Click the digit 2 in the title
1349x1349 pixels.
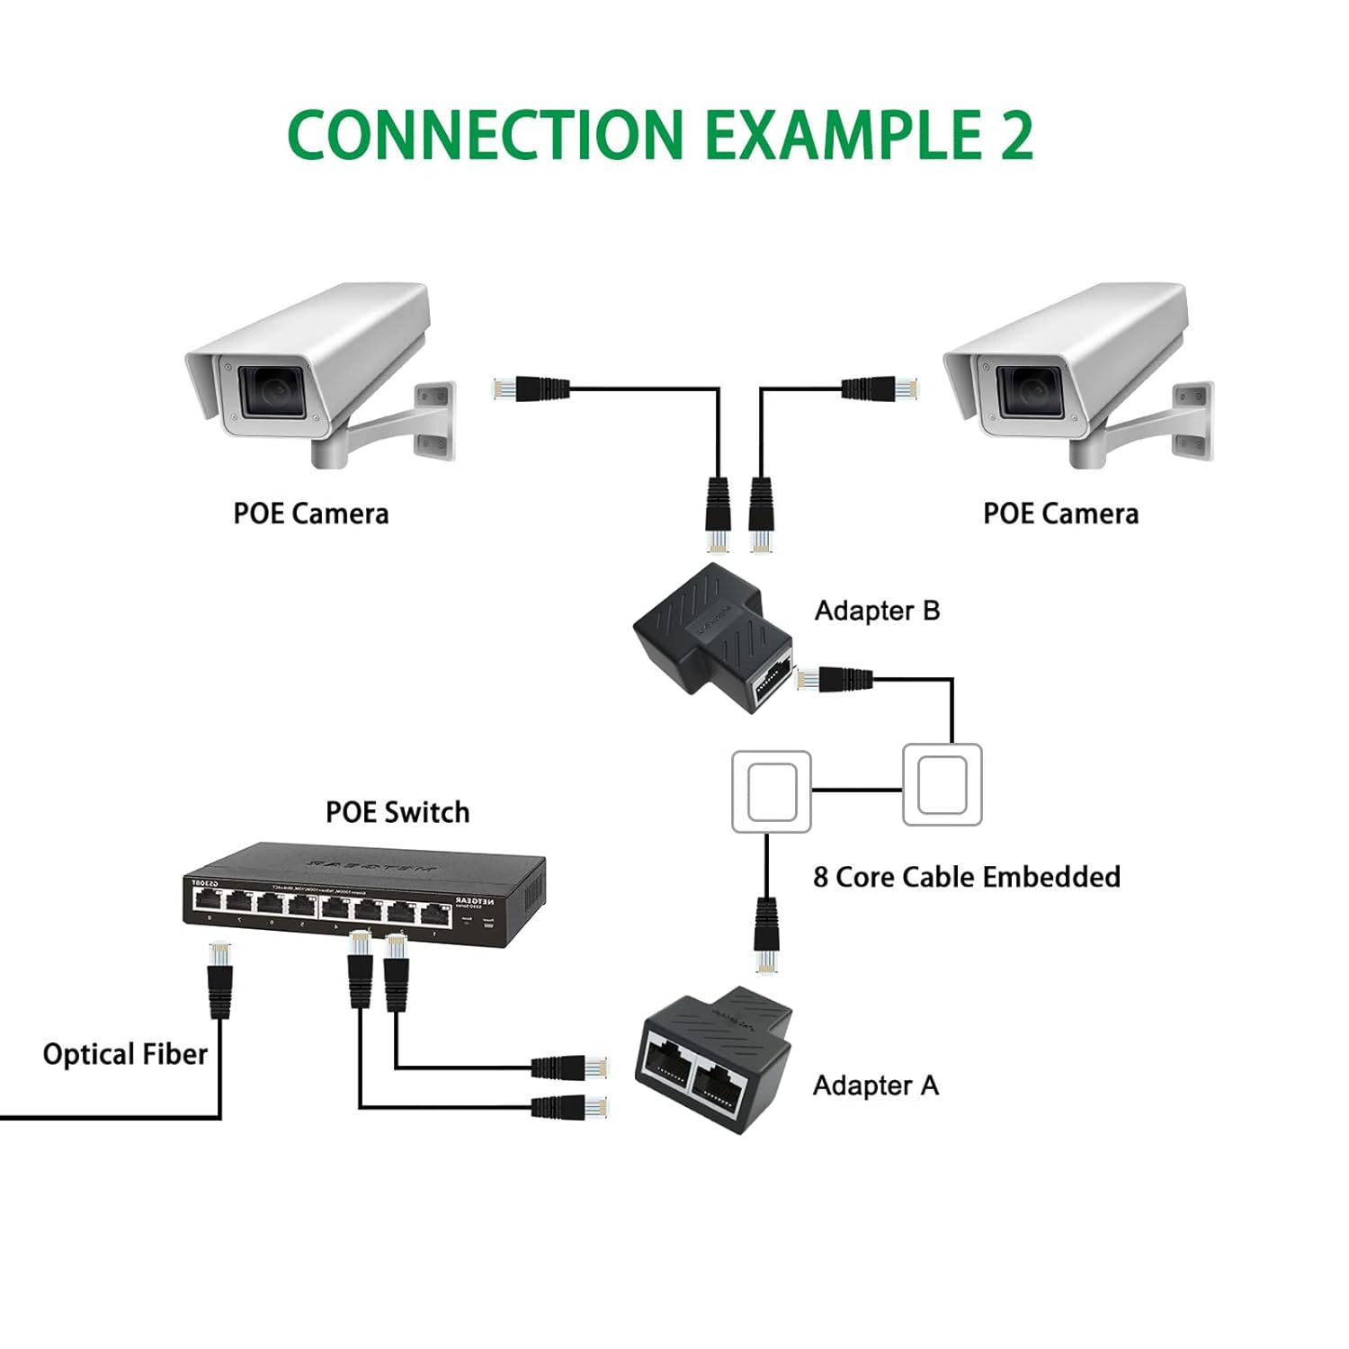[x=1014, y=135]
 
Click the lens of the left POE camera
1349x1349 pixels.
[x=272, y=389]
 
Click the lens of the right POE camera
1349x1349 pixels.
[x=1029, y=389]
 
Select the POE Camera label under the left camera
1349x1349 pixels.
[x=311, y=514]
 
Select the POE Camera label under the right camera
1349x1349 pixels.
[x=1060, y=514]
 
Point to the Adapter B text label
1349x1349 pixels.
[x=877, y=611]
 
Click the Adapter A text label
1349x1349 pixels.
[x=875, y=1085]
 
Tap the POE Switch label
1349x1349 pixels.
[x=398, y=812]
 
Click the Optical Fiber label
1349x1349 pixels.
[x=125, y=1054]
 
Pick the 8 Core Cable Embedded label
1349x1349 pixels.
[x=967, y=877]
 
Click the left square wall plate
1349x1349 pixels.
[x=772, y=791]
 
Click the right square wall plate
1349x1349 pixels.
[x=942, y=784]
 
